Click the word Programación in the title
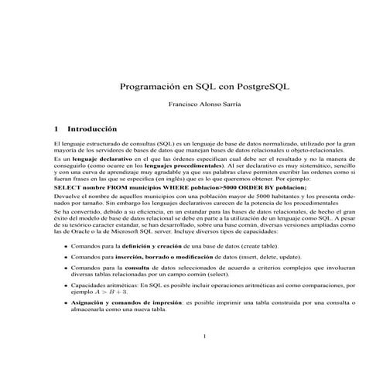[152, 87]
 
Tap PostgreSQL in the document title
[237, 87]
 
